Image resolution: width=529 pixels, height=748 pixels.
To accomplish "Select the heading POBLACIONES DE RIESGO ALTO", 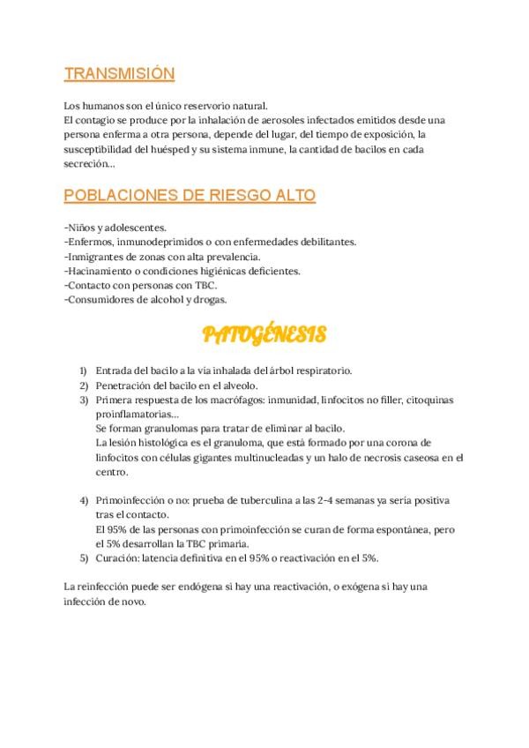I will (190, 195).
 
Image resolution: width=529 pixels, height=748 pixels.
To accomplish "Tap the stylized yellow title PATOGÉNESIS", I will (264, 334).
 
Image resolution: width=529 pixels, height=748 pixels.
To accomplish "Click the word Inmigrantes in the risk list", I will (95, 257).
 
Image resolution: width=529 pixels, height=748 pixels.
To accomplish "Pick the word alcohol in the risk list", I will (158, 299).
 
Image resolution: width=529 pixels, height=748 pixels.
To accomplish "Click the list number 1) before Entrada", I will (83, 370).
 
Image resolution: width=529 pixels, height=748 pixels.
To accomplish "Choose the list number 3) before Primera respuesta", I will (83, 400).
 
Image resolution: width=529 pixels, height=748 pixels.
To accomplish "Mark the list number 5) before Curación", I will (83, 557).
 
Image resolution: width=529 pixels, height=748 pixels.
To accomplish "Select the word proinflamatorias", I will (135, 414).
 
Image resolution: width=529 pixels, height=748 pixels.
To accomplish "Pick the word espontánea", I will (401, 528).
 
